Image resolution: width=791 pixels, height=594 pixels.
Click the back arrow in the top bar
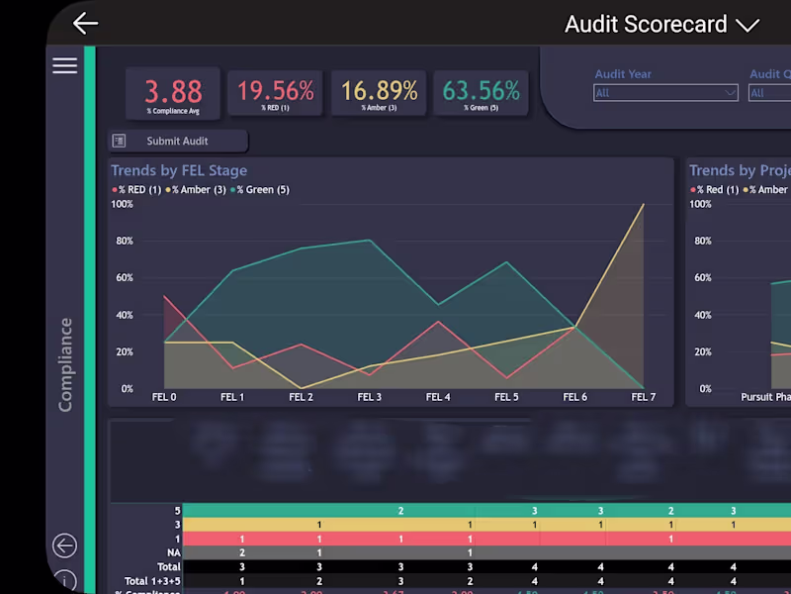pyautogui.click(x=86, y=24)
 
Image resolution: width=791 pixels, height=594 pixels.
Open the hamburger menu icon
pyautogui.click(x=64, y=65)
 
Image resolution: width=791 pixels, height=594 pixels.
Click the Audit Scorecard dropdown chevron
pyautogui.click(x=747, y=26)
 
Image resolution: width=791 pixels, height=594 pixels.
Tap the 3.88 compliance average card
pyautogui.click(x=173, y=94)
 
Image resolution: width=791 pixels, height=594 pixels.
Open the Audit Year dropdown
pyautogui.click(x=665, y=93)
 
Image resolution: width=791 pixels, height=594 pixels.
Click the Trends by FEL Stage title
pyautogui.click(x=179, y=170)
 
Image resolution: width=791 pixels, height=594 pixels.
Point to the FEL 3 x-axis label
pyautogui.click(x=369, y=397)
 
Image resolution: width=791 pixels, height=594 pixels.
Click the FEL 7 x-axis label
pyautogui.click(x=643, y=397)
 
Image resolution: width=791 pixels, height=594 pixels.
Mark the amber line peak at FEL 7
pyautogui.click(x=643, y=205)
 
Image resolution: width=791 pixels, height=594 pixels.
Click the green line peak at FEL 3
pyautogui.click(x=369, y=240)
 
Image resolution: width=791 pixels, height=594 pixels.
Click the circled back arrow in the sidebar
pyautogui.click(x=64, y=545)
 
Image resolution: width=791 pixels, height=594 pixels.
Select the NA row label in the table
pyautogui.click(x=173, y=552)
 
